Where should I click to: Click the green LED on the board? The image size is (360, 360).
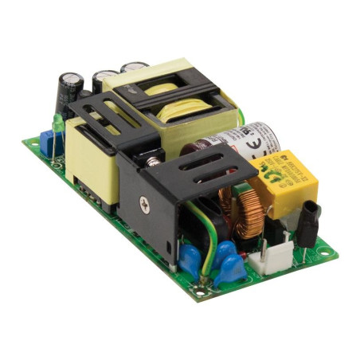click(57, 124)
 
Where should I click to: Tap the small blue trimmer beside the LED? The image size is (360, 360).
click(46, 143)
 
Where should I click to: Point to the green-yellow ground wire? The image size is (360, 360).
click(205, 239)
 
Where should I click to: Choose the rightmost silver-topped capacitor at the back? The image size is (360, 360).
click(134, 70)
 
